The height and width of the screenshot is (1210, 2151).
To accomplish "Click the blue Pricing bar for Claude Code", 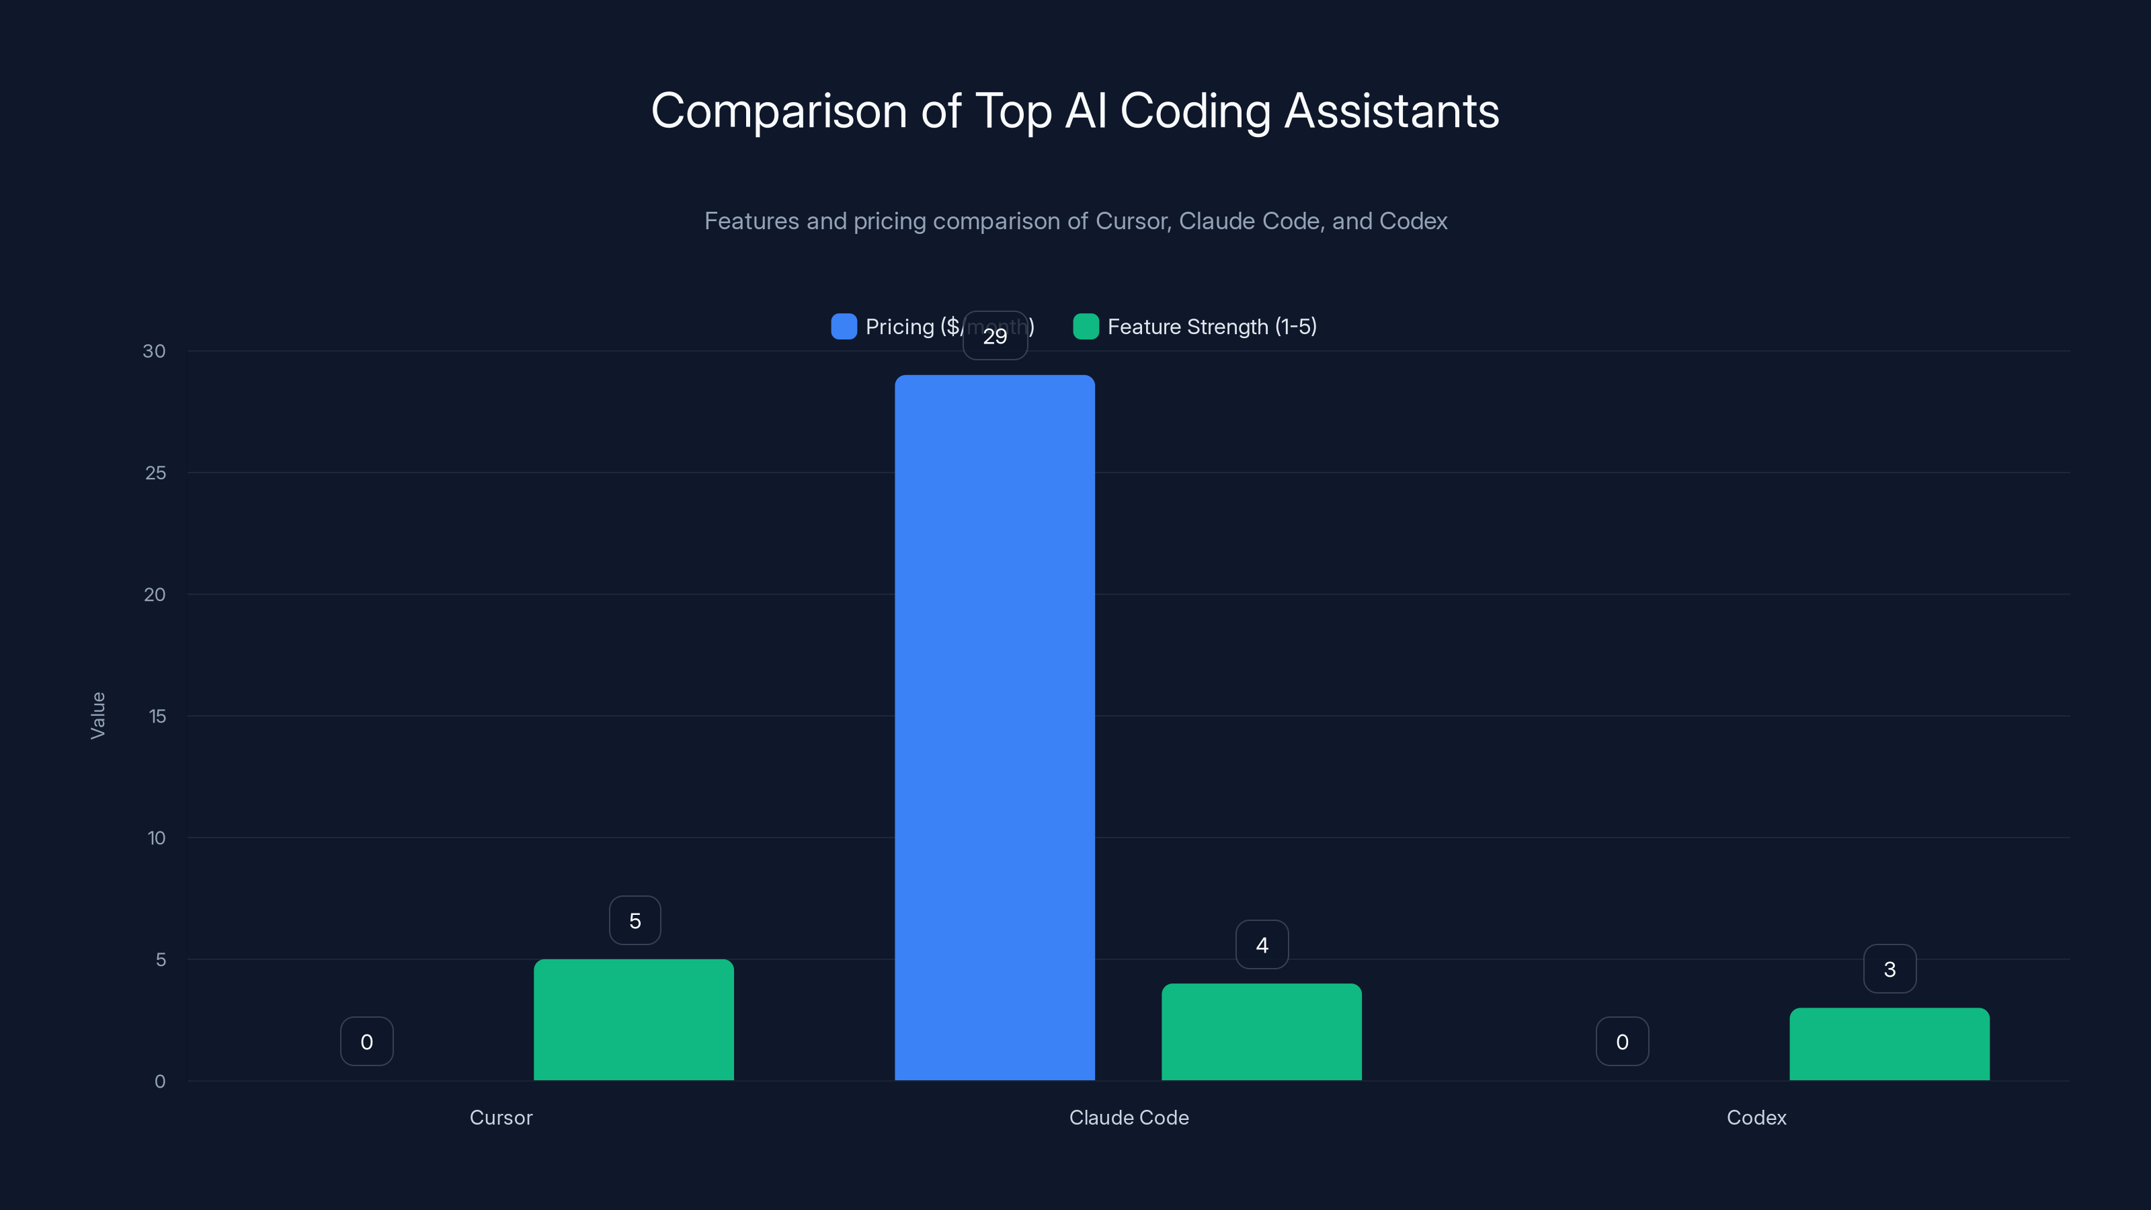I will point(995,727).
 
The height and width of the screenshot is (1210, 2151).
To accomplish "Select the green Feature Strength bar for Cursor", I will point(634,1020).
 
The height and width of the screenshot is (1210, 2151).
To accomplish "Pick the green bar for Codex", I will point(1889,1044).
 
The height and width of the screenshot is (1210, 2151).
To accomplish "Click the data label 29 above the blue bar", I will point(995,335).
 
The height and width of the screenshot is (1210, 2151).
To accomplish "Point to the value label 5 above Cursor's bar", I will point(635,920).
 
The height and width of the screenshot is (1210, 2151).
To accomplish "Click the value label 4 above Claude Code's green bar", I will point(1262,944).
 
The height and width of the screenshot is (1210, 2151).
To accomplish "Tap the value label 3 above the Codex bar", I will point(1890,969).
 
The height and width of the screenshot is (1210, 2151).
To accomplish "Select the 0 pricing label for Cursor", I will point(366,1041).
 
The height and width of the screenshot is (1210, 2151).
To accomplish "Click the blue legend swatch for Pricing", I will point(844,327).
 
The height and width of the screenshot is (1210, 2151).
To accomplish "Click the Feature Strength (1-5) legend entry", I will point(1211,327).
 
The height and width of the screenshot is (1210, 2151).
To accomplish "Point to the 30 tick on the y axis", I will point(154,351).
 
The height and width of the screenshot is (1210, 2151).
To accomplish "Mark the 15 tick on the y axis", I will point(157,716).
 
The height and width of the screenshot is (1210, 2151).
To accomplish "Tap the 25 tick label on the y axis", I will point(155,473).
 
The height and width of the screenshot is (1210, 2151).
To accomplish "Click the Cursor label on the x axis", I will point(500,1117).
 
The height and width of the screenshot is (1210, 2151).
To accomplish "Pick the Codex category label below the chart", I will point(1756,1117).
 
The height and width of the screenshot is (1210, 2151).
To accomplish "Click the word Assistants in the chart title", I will point(1391,111).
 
